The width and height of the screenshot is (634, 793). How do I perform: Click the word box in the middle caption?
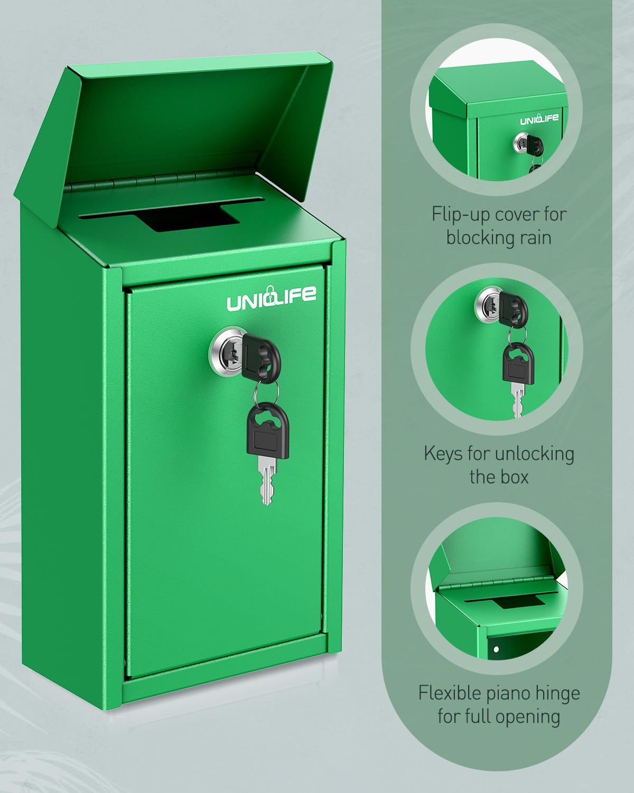coord(515,477)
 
